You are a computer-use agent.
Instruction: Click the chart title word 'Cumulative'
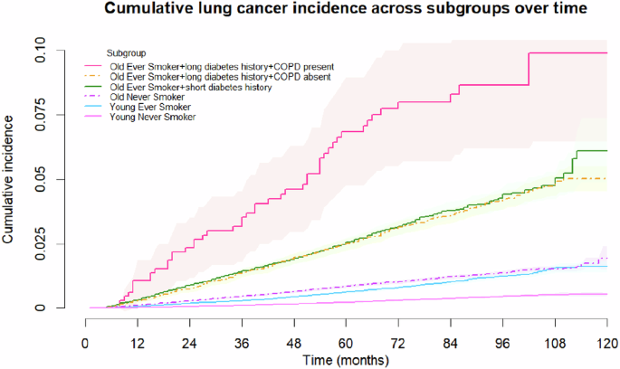pos(149,11)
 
